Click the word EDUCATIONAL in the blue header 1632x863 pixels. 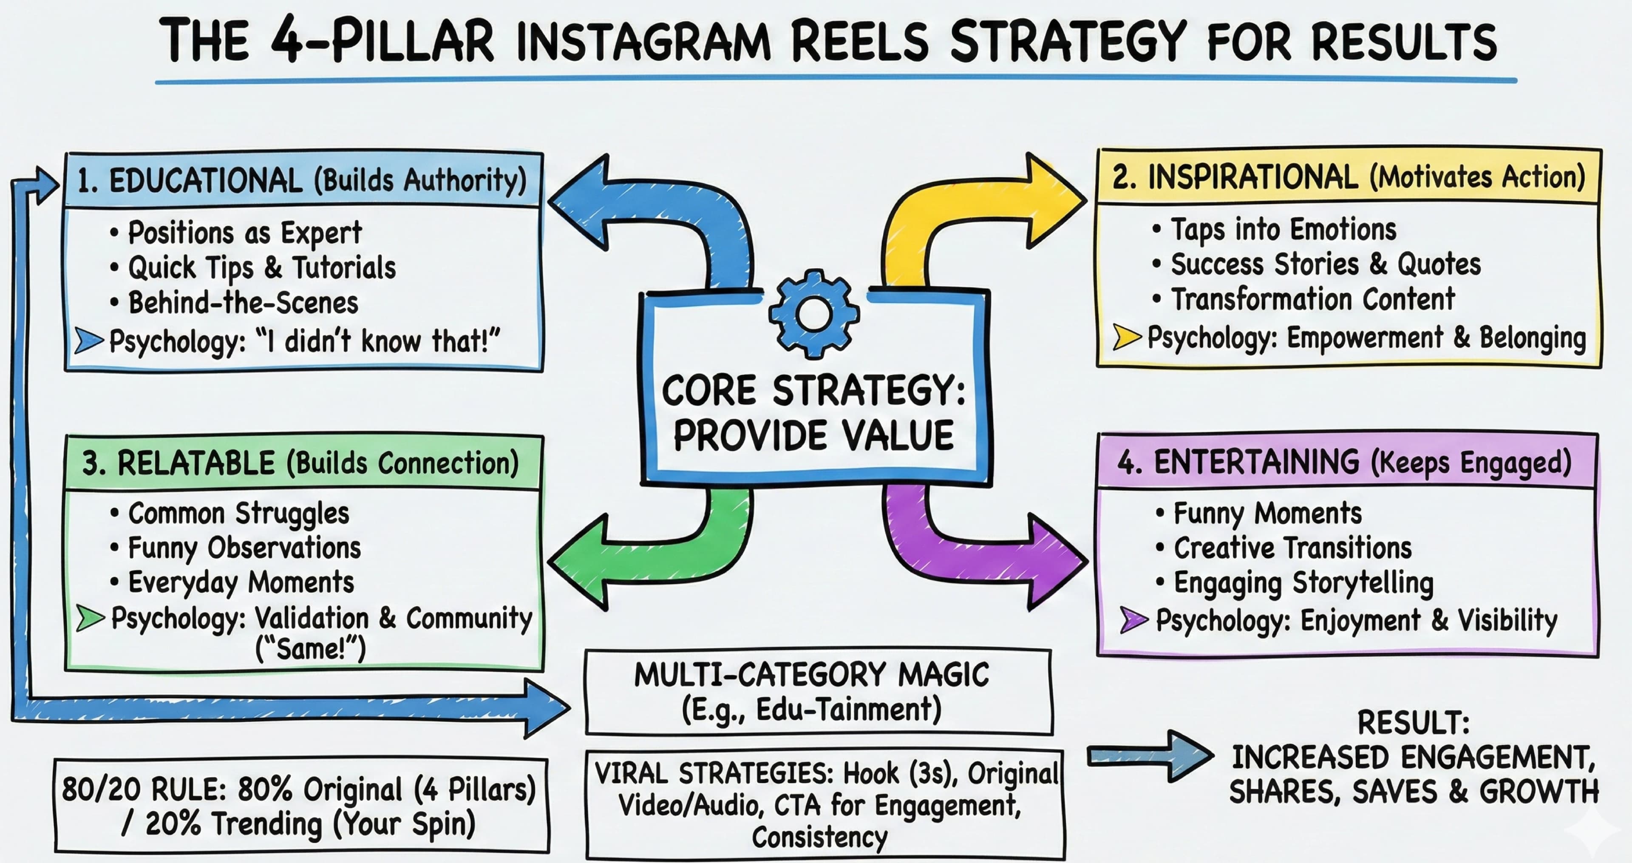click(x=205, y=181)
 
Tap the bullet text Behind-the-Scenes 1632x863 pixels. click(x=243, y=303)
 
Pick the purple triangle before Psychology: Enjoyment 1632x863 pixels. click(x=1133, y=620)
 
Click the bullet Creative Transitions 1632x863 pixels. click(x=1292, y=548)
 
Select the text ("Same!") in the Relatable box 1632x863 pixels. click(x=310, y=649)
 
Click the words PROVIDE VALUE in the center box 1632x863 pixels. click(x=813, y=436)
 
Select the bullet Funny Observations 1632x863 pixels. click(x=244, y=548)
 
